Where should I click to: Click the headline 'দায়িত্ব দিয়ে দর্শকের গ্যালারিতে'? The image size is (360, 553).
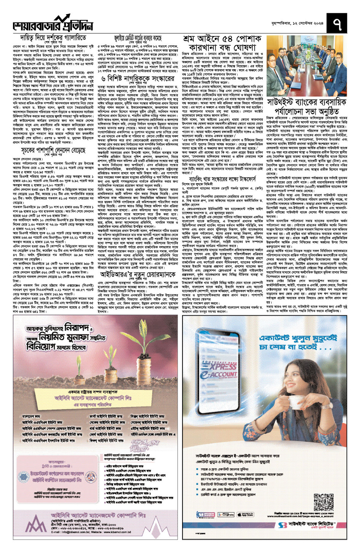(x=53, y=38)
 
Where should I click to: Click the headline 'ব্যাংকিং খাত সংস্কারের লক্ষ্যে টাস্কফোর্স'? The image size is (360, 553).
(x=222, y=179)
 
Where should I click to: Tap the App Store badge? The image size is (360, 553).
(x=245, y=515)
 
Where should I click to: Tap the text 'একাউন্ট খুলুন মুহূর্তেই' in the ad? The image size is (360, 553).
(x=298, y=338)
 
